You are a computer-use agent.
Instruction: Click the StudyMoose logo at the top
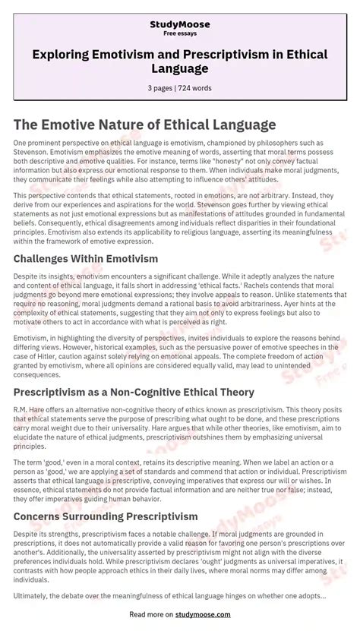pos(179,25)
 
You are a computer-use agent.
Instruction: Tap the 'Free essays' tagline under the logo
pos(179,35)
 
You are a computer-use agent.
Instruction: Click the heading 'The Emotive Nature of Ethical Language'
pos(144,125)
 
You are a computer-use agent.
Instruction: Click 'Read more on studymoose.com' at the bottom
pos(179,614)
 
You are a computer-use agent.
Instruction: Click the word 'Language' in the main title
pos(179,68)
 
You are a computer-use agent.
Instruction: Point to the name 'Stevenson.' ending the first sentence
pos(30,152)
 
